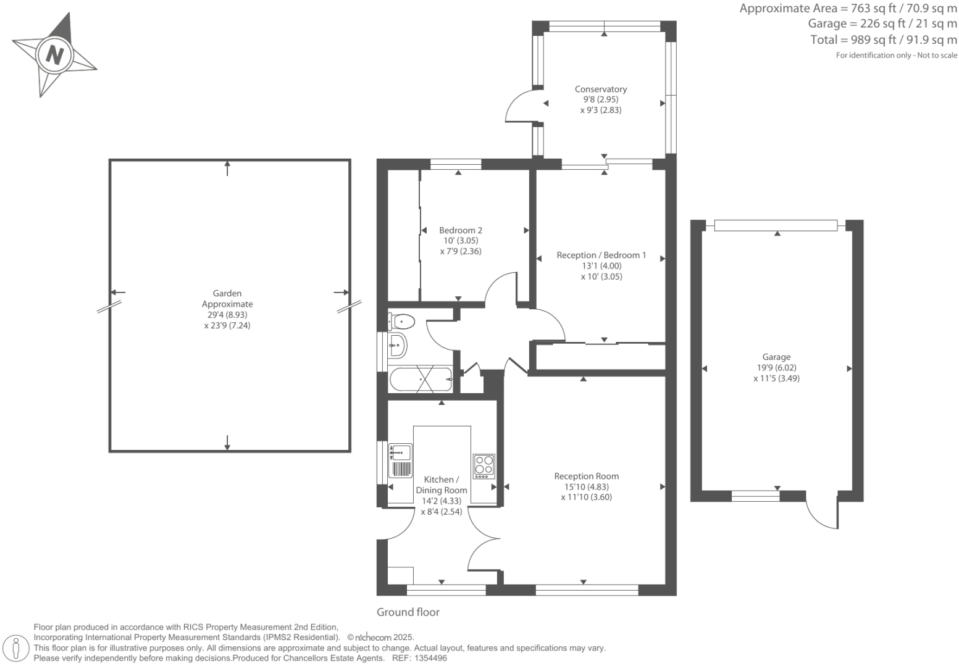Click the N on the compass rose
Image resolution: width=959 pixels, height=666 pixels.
coord(55,55)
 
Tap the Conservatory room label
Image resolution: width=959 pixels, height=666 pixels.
coord(600,89)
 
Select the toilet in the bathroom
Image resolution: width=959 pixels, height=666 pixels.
coord(401,321)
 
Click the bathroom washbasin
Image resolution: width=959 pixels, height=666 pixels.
coord(397,346)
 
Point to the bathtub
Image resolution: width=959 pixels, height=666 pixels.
coord(420,379)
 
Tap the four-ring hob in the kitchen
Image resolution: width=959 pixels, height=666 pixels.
coord(484,467)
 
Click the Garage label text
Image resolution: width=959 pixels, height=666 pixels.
coord(776,357)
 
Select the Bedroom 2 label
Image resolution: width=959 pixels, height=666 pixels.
coord(461,230)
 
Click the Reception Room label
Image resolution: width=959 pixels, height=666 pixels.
coord(586,476)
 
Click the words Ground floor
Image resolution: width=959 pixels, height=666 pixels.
coord(408,612)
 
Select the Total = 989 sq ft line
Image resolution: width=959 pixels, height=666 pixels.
coord(883,40)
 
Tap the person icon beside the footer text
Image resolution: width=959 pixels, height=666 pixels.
coord(17,648)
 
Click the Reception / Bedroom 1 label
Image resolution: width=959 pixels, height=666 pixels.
coord(601,255)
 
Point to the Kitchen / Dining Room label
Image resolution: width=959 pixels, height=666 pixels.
coord(442,485)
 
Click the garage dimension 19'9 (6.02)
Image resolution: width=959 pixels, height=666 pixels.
coord(776,368)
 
